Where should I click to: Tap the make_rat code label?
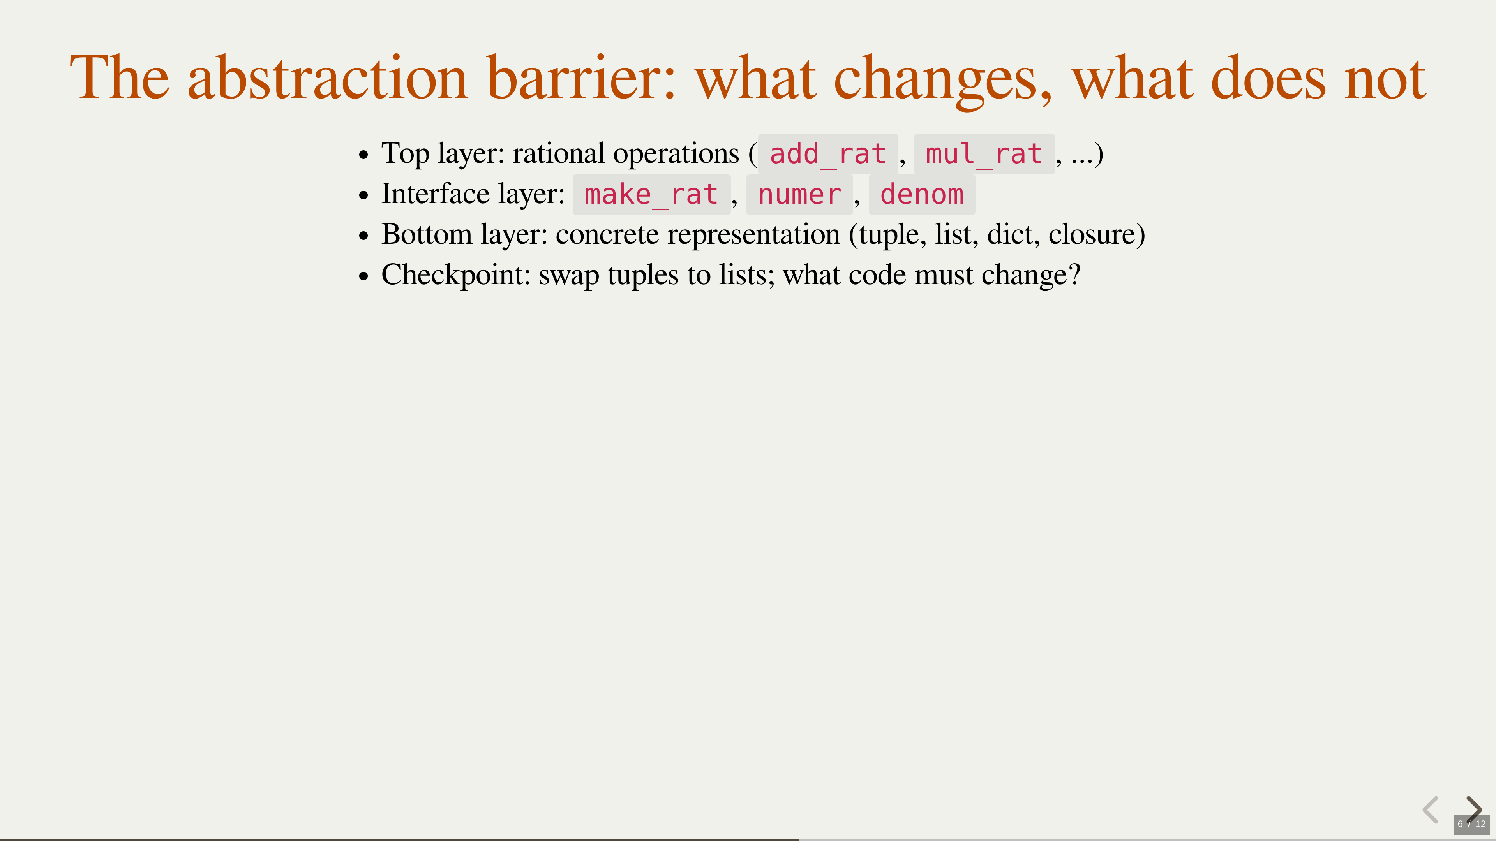click(651, 194)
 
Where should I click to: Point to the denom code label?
click(922, 194)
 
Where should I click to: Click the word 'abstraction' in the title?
click(328, 78)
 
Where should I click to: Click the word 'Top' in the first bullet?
click(405, 155)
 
